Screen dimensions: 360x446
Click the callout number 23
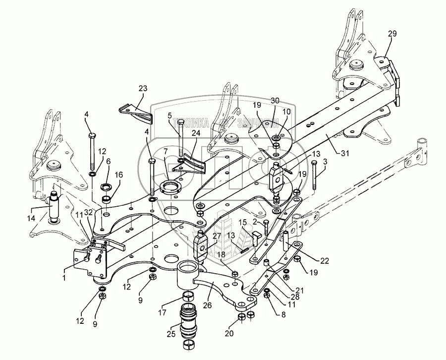[x=143, y=89]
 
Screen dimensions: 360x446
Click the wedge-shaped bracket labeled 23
[x=135, y=112]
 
